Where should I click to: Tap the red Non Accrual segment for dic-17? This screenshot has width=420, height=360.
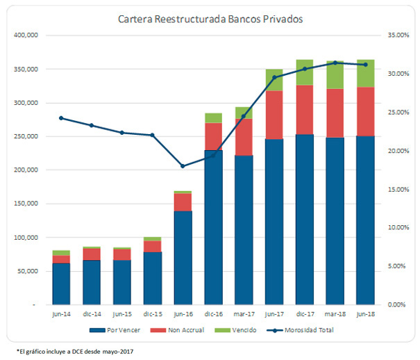pos(304,110)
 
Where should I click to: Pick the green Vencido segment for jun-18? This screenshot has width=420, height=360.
pos(366,73)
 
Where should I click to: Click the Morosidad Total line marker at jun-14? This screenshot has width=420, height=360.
pos(61,118)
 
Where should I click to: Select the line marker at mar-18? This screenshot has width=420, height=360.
pos(335,63)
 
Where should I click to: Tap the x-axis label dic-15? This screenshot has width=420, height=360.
pos(152,313)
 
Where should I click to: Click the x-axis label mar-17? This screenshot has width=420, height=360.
pos(243,313)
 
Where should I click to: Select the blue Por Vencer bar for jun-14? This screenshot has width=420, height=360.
pos(61,284)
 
